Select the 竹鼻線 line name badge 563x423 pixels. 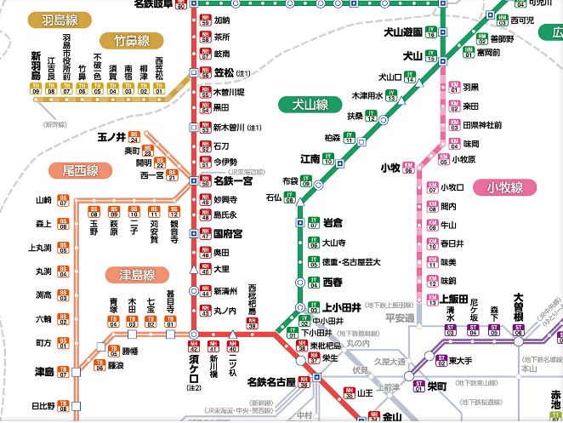tap(131, 41)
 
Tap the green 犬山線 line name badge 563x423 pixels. tap(310, 106)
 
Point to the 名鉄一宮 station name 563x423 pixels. tap(233, 181)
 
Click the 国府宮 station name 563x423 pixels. tap(229, 233)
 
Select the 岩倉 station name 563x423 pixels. tap(333, 222)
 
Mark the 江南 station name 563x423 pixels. tap(310, 158)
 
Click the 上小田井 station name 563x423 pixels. tap(344, 307)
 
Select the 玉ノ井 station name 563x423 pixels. tap(111, 136)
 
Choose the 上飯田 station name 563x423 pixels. tap(455, 300)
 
